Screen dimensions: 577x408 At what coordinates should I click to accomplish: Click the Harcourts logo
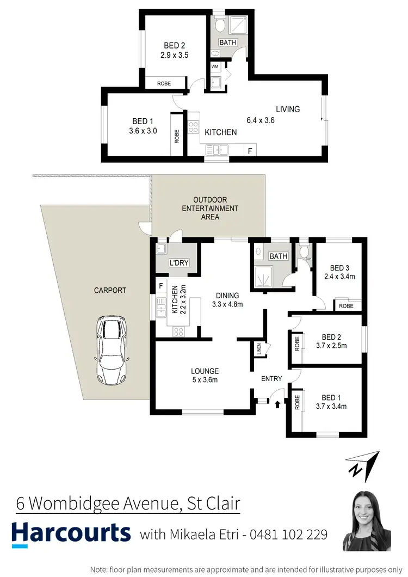pos(71,533)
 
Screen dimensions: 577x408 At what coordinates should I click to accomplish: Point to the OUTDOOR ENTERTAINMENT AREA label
pos(210,208)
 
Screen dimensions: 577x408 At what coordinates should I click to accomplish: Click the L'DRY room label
pos(179,263)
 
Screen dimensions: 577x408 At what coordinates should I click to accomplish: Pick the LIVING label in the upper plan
pos(287,109)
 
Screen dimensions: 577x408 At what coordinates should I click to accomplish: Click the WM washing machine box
pos(214,66)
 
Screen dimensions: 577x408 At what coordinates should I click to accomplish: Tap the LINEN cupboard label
pos(259,348)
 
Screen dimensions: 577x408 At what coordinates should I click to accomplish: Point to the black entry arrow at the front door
pos(278,404)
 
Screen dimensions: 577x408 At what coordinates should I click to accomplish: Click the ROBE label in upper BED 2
pos(164,83)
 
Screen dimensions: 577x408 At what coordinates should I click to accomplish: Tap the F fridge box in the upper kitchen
pos(250,151)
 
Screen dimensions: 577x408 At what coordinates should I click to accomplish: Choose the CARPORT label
pos(110,290)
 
